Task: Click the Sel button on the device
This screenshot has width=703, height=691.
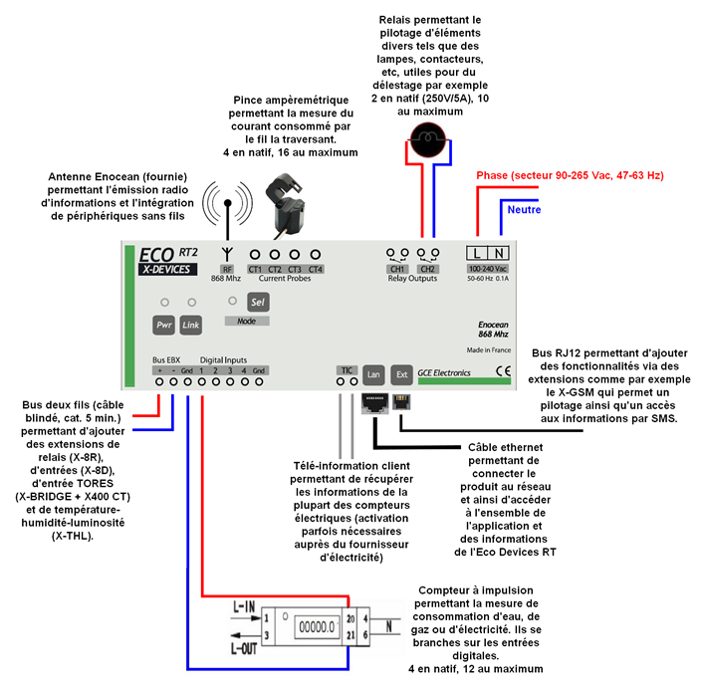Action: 258,302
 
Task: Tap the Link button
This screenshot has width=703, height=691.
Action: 190,325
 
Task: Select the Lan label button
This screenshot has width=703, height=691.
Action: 373,374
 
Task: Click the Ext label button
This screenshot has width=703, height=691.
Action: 401,374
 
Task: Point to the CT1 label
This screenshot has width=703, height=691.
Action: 255,269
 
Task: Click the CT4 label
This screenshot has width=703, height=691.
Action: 316,269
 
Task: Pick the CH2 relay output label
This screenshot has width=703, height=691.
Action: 428,269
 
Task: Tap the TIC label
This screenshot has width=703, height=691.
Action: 347,370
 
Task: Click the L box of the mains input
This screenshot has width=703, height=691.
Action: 477,253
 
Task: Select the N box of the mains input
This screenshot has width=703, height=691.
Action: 498,253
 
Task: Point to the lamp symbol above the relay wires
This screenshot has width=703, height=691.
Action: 428,139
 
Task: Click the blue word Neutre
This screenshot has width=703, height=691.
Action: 524,209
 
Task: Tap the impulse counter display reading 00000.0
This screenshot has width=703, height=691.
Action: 317,626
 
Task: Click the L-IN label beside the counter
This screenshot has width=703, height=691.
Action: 244,607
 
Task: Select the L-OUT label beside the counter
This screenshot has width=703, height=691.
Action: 244,648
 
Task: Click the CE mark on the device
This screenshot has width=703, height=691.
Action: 503,370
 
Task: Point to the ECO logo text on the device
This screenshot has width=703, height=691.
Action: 156,255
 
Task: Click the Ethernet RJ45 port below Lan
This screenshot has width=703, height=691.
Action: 374,403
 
